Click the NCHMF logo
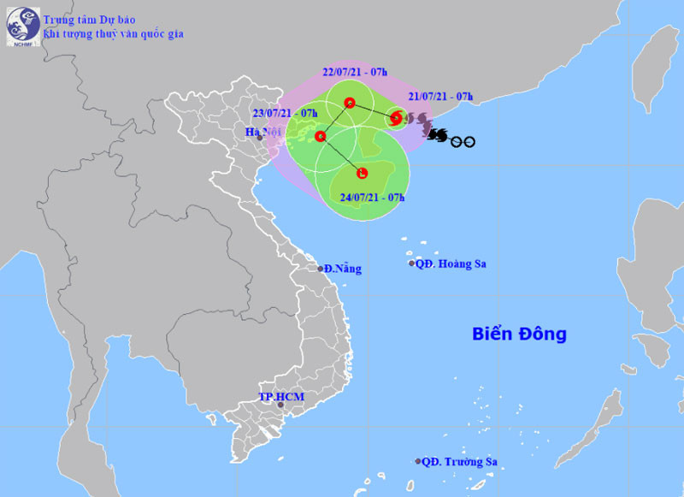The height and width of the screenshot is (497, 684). click(x=23, y=27)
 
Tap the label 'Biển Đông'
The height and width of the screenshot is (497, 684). click(x=519, y=334)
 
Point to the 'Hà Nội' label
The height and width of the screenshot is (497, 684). click(x=256, y=132)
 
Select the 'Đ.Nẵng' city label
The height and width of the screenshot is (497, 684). click(x=344, y=269)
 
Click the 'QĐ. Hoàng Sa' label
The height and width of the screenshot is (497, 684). click(x=451, y=263)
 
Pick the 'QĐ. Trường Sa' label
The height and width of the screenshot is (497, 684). click(x=460, y=462)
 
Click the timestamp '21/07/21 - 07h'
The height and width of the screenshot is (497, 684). click(x=440, y=96)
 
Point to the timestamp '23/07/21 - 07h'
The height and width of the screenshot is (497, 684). click(x=285, y=113)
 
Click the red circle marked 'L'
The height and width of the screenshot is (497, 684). click(x=363, y=174)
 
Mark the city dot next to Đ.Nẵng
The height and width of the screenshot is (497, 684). click(x=321, y=269)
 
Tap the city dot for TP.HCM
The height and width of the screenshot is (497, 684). click(x=280, y=405)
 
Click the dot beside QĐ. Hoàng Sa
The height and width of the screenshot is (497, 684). click(x=411, y=263)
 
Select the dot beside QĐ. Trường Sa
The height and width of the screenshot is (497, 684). click(x=418, y=461)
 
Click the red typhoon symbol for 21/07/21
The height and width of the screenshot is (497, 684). click(x=396, y=119)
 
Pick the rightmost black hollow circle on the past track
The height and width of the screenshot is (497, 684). click(x=469, y=142)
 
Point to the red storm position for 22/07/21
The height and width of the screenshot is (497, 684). click(x=349, y=104)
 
